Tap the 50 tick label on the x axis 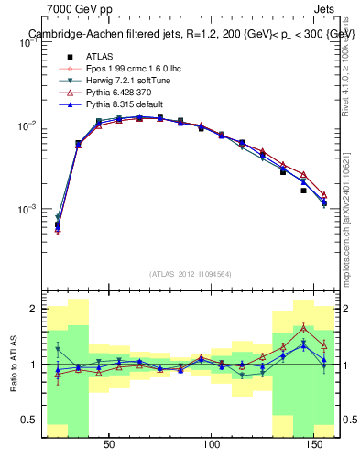[109, 444]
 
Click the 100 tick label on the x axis [213, 444]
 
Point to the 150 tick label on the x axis [315, 444]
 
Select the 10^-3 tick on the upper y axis [27, 209]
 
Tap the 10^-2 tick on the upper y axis [27, 125]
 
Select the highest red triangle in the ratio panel [303, 328]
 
